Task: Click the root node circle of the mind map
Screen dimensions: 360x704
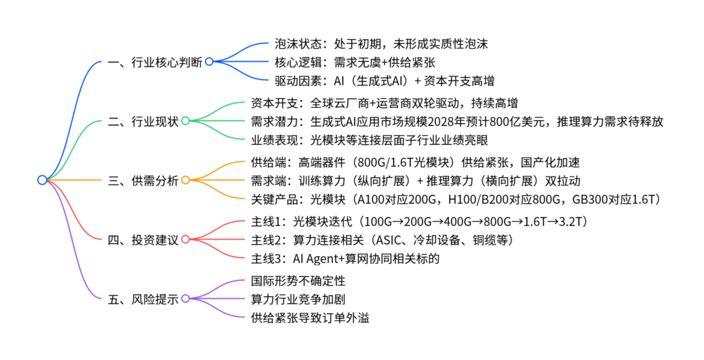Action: tap(42, 180)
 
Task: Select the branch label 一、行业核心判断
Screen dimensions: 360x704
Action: tap(155, 62)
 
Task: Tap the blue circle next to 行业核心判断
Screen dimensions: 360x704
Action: tap(209, 62)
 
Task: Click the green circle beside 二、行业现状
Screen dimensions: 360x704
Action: tap(185, 122)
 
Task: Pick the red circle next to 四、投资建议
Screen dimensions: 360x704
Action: tap(185, 240)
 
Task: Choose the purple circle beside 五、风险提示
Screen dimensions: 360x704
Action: tap(185, 300)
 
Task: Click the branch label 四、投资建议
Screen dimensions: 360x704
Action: tap(143, 240)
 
